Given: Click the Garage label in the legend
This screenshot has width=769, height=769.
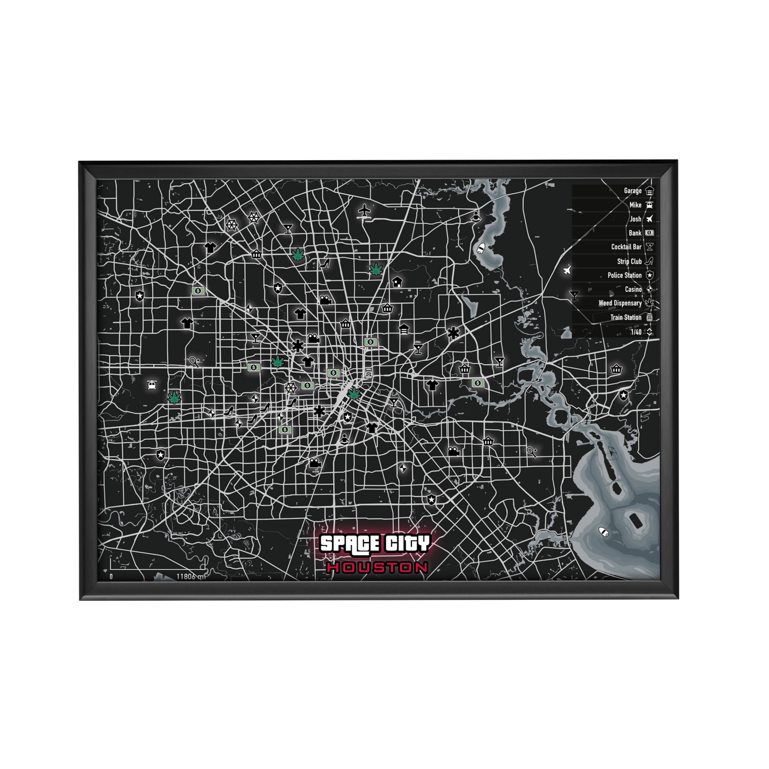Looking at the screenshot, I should click(632, 191).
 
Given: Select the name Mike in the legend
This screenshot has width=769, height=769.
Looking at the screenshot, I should click(635, 205).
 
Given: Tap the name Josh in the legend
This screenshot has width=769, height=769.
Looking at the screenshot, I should click(635, 219).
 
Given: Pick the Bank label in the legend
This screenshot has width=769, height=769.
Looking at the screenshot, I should click(635, 233).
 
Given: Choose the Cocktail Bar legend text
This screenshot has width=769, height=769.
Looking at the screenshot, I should click(626, 247).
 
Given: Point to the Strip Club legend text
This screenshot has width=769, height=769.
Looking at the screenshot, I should click(629, 261).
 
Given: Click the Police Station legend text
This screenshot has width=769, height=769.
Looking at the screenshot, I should click(624, 275).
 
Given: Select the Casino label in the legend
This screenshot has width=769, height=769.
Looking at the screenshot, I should click(633, 290).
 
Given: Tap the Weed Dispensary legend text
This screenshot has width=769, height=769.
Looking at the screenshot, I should click(619, 303).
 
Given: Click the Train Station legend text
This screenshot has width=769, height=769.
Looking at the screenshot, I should click(625, 318).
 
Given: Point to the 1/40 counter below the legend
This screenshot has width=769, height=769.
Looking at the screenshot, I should click(636, 332).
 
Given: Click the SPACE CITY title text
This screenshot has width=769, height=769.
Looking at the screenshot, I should click(374, 543).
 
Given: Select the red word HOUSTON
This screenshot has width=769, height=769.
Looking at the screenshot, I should click(377, 567).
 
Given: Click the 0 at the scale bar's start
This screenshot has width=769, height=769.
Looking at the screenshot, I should click(111, 576).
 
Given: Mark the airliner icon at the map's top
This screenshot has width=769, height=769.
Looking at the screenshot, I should click(365, 211).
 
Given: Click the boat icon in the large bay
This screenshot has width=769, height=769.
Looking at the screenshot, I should click(603, 532).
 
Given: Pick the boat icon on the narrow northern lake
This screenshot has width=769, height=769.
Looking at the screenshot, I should click(481, 248).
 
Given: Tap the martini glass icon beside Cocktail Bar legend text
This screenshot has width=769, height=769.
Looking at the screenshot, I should click(649, 247).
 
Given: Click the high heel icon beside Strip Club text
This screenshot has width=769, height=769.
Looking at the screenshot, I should click(649, 261).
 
